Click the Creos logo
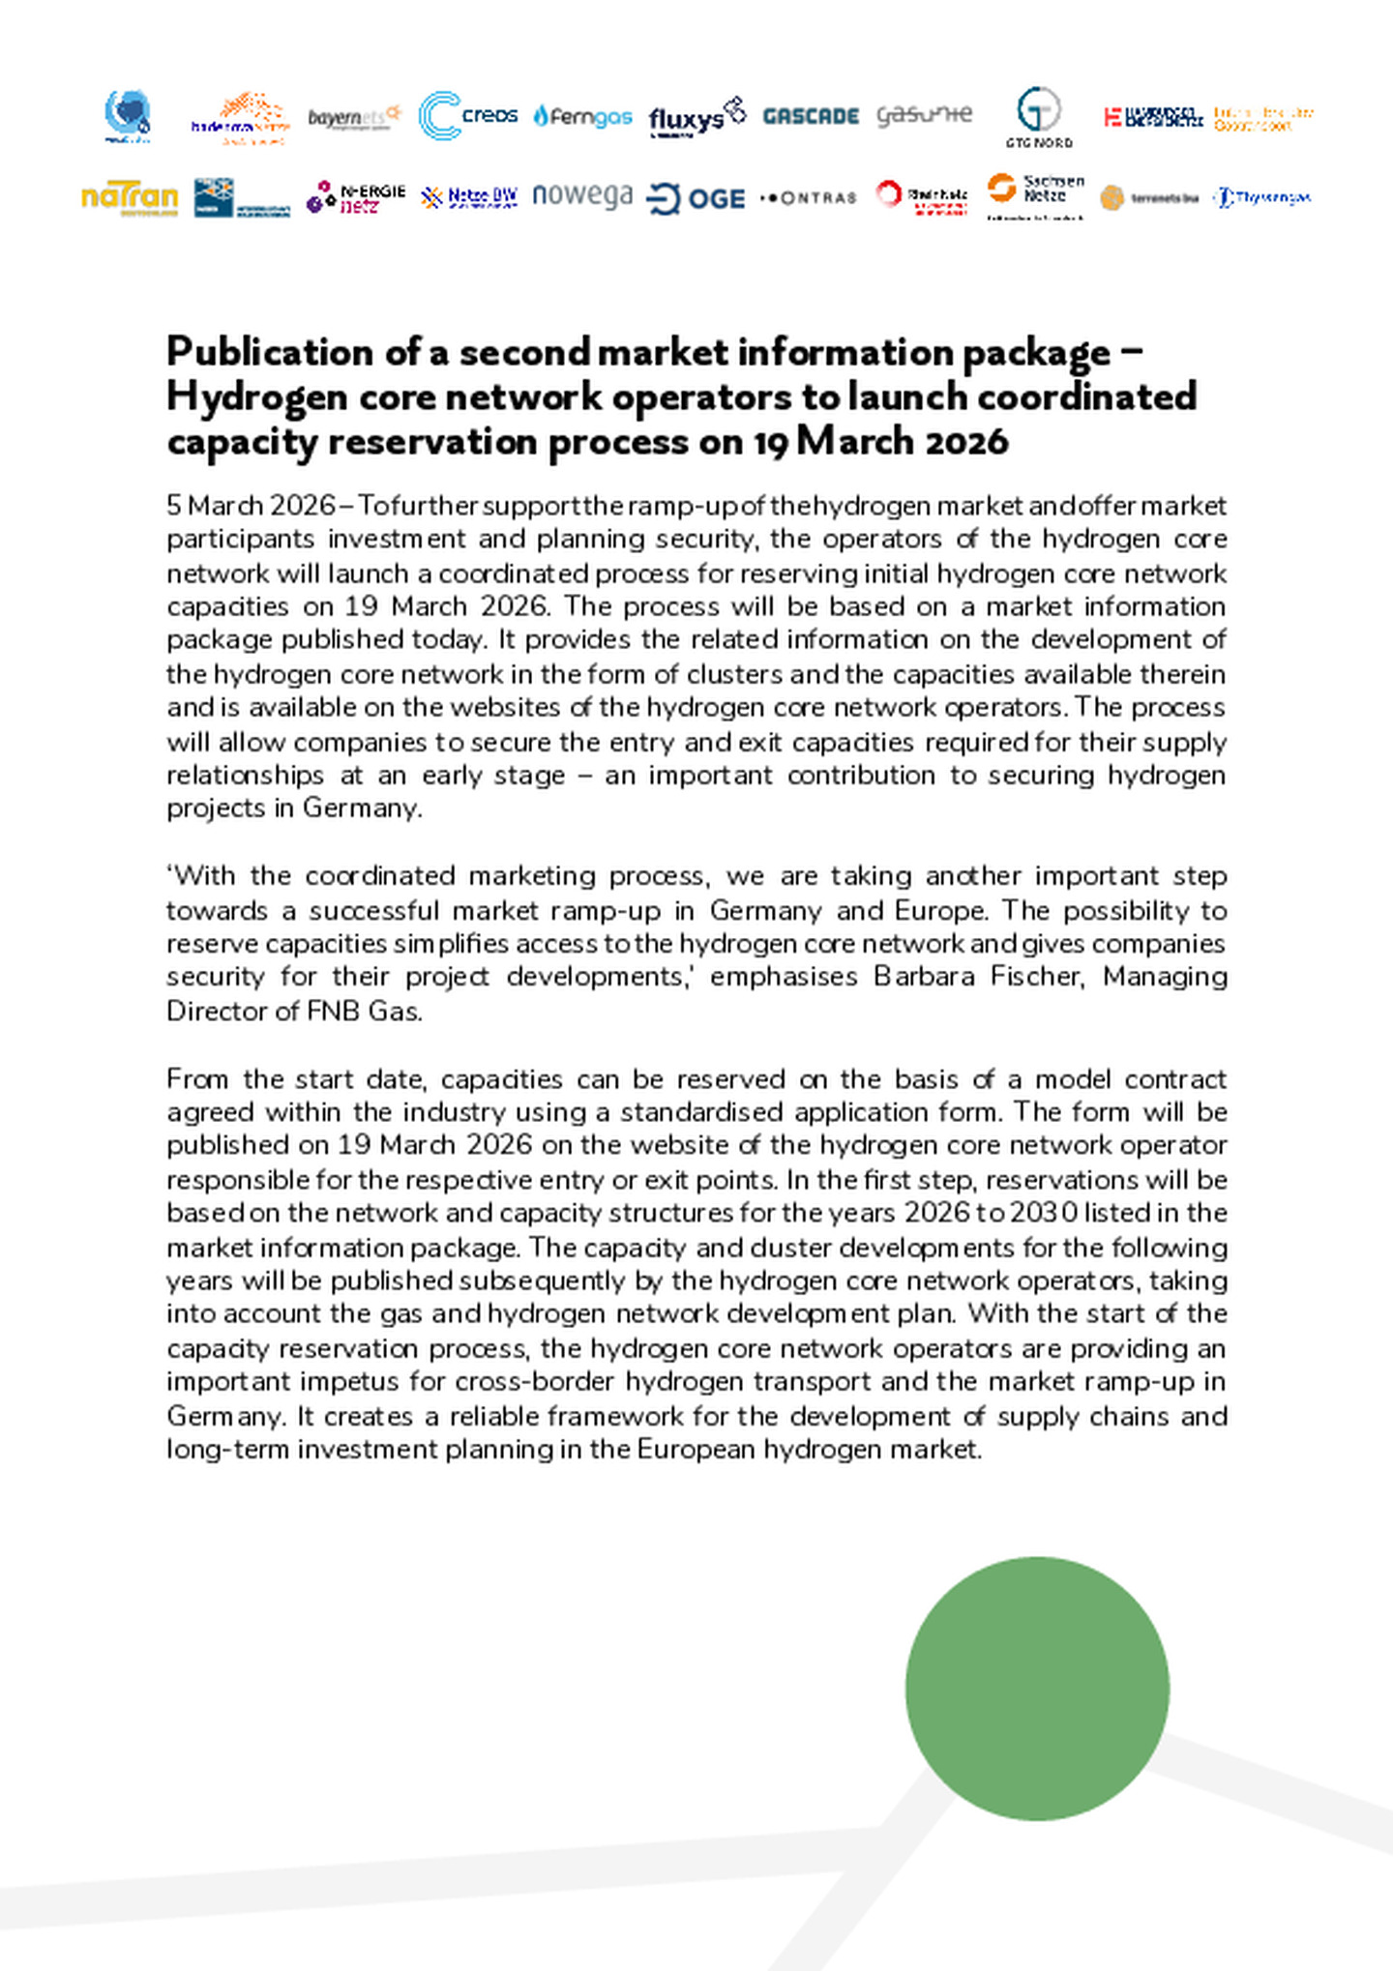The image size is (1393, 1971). click(468, 116)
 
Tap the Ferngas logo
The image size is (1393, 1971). click(582, 116)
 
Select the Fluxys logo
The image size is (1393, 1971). click(696, 116)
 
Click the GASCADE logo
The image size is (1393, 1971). click(811, 116)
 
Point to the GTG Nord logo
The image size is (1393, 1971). click(1039, 117)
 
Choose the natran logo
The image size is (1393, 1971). click(130, 197)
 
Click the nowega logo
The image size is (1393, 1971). click(582, 195)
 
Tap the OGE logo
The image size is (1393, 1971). click(696, 198)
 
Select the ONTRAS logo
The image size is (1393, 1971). click(809, 198)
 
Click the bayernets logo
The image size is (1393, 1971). click(354, 117)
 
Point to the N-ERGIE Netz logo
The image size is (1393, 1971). click(355, 197)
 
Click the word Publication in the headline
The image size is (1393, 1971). click(270, 352)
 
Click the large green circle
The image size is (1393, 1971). click(1037, 1688)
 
